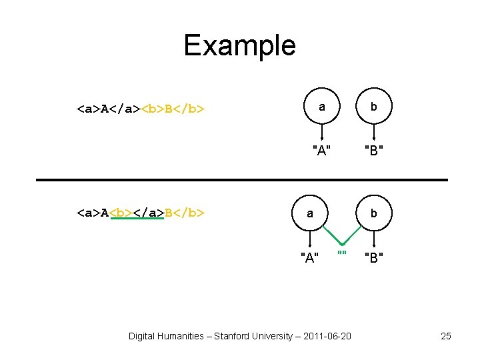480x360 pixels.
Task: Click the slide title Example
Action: tap(239, 46)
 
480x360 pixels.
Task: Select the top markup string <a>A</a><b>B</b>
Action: tap(140, 107)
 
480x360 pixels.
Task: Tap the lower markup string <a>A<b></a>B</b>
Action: tap(140, 213)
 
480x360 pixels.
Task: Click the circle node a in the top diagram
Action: tap(322, 107)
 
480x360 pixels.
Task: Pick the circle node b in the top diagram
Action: tap(374, 107)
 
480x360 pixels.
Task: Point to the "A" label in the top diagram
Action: tap(322, 150)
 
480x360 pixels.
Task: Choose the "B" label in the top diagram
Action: tap(374, 150)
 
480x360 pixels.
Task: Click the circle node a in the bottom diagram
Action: tap(309, 213)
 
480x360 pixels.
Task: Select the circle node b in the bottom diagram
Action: tap(374, 213)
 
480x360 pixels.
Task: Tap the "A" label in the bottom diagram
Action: tap(309, 257)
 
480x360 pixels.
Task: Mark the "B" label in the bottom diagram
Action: tap(374, 257)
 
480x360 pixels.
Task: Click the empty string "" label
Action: tap(342, 255)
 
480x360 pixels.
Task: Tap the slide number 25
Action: tap(446, 336)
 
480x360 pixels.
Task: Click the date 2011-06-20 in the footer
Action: tap(327, 336)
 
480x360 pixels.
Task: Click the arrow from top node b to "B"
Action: tap(374, 132)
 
